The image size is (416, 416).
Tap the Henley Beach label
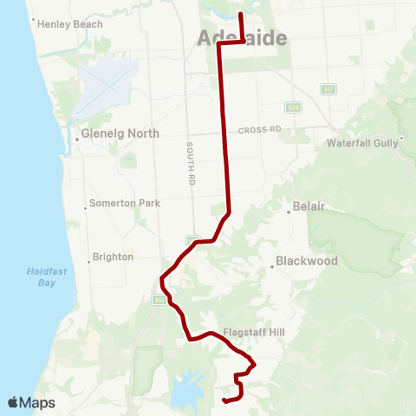[x=70, y=24]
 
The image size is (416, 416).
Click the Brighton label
[x=114, y=257]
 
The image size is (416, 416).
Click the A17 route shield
[x=328, y=89]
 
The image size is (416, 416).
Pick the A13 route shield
[x=159, y=300]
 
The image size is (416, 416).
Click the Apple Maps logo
[x=31, y=402]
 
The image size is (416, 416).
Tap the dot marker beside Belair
[x=289, y=210]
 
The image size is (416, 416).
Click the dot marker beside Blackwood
[x=272, y=267]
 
